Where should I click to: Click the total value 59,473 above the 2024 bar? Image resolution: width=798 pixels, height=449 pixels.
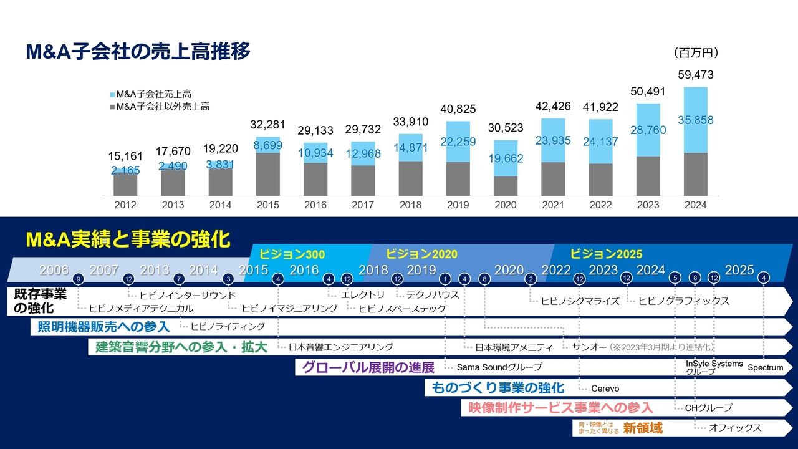(695, 75)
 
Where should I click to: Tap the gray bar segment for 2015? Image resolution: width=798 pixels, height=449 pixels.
(268, 175)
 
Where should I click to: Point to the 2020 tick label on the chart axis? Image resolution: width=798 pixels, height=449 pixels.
(506, 205)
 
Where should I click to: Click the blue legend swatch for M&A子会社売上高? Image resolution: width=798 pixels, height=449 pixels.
(112, 95)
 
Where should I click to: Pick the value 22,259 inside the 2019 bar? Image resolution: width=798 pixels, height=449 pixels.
(458, 142)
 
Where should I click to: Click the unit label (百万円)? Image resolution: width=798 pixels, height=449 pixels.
(696, 52)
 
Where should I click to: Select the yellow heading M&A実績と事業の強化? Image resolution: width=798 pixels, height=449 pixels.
(128, 239)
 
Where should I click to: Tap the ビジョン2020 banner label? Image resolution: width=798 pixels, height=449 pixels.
(421, 254)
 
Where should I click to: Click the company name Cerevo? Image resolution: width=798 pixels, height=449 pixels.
(605, 389)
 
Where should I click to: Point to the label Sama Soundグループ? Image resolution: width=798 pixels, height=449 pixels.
(499, 367)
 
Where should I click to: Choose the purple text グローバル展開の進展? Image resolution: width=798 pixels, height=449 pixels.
(368, 367)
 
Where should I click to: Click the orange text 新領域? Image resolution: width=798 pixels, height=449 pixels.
(643, 428)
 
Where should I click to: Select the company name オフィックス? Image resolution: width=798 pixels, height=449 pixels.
(735, 428)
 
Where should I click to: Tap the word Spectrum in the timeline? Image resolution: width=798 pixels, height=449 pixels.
(765, 367)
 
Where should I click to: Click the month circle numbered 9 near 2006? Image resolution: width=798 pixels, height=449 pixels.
(78, 279)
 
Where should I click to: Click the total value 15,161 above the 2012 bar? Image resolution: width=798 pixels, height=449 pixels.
(125, 156)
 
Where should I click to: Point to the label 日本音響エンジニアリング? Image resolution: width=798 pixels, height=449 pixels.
(340, 347)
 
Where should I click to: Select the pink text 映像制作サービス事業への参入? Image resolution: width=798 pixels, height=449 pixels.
(558, 408)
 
